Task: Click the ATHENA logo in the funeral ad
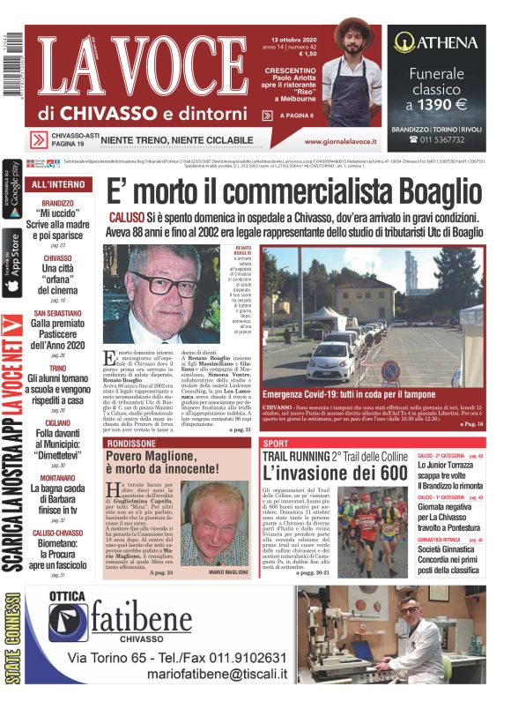tap(436, 41)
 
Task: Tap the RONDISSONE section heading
tap(134, 443)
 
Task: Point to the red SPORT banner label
tap(276, 443)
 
